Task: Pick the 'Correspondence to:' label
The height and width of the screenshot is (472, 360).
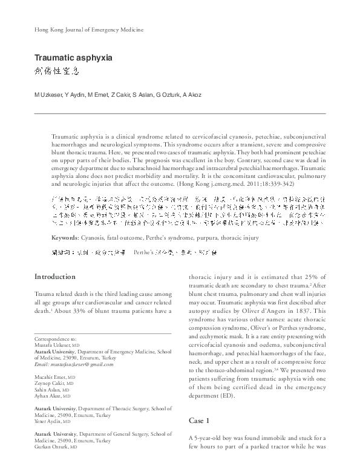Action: pos(56,339)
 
